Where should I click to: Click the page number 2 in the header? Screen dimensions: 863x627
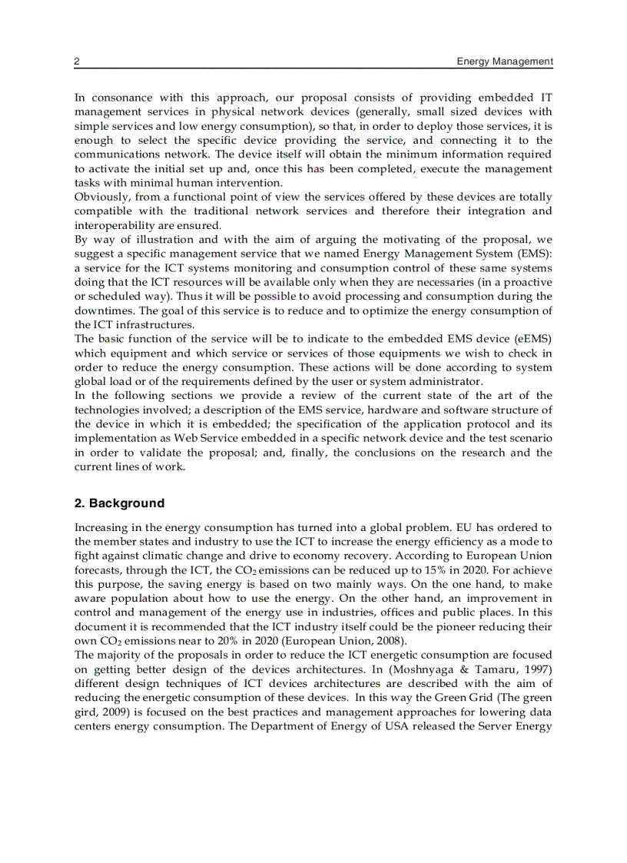click(77, 61)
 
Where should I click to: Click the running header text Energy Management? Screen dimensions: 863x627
click(504, 61)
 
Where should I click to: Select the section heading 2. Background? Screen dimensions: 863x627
click(119, 503)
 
